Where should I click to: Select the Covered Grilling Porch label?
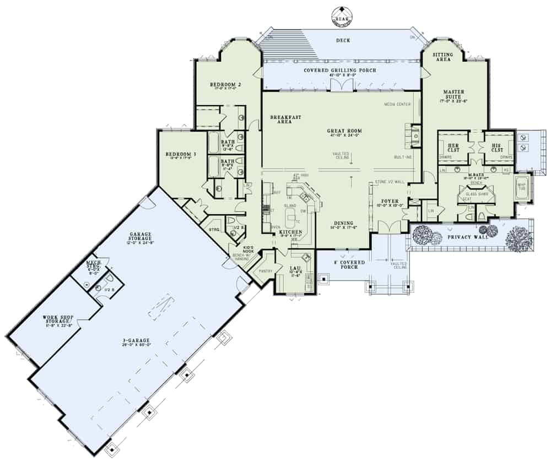[x=339, y=70]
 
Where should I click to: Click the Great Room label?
[x=343, y=131]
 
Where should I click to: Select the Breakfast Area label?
[x=285, y=119]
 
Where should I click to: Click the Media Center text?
[x=397, y=104]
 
